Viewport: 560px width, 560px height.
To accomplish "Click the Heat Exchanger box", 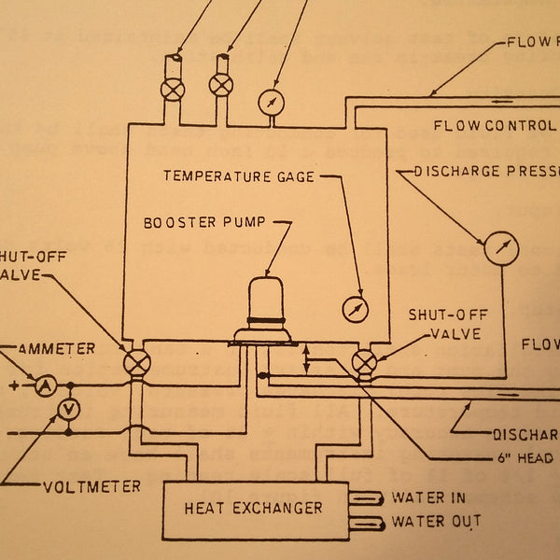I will coord(253,509).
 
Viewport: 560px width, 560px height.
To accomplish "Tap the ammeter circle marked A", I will coord(43,384).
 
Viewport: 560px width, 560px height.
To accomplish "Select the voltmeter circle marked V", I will coord(67,409).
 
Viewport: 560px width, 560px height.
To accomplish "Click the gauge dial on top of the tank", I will coord(270,103).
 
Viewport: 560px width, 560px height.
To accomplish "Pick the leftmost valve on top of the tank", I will coord(173,89).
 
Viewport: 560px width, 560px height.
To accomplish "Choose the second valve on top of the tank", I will coord(221,86).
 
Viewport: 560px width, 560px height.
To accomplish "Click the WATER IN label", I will coord(428,498).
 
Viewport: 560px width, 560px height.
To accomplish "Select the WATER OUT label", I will coord(436,521).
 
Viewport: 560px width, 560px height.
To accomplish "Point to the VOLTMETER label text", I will coord(91,486).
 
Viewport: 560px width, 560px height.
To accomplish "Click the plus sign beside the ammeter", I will coord(13,385).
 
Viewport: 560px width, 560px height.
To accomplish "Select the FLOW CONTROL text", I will coord(495,125).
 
